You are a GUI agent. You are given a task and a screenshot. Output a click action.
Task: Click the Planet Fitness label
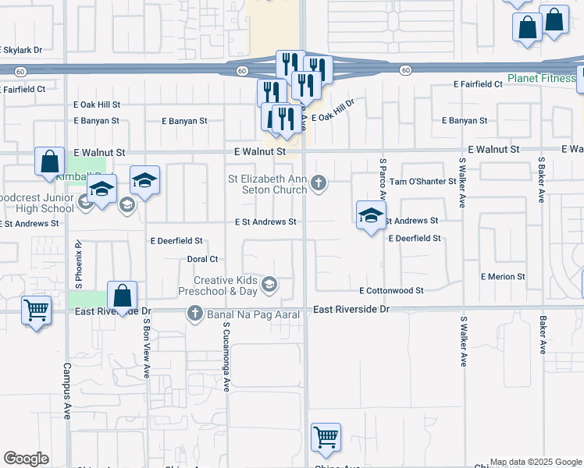[x=542, y=78]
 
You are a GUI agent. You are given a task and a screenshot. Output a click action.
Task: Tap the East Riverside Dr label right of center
[x=351, y=310]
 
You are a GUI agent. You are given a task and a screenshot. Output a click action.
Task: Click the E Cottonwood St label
[x=391, y=290]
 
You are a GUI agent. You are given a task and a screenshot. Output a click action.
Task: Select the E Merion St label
[x=503, y=277]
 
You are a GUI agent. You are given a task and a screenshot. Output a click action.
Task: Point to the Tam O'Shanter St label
[x=422, y=182]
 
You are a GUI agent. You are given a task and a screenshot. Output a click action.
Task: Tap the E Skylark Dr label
[x=21, y=49]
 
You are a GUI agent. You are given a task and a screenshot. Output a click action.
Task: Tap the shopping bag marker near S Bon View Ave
[x=122, y=296]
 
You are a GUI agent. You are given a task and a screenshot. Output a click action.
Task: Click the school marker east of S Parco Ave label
[x=371, y=215]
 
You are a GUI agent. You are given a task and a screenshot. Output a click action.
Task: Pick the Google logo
[x=26, y=459]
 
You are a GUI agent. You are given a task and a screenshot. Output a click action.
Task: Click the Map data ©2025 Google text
[x=536, y=462]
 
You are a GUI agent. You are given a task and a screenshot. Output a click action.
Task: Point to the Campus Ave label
[x=67, y=392]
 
